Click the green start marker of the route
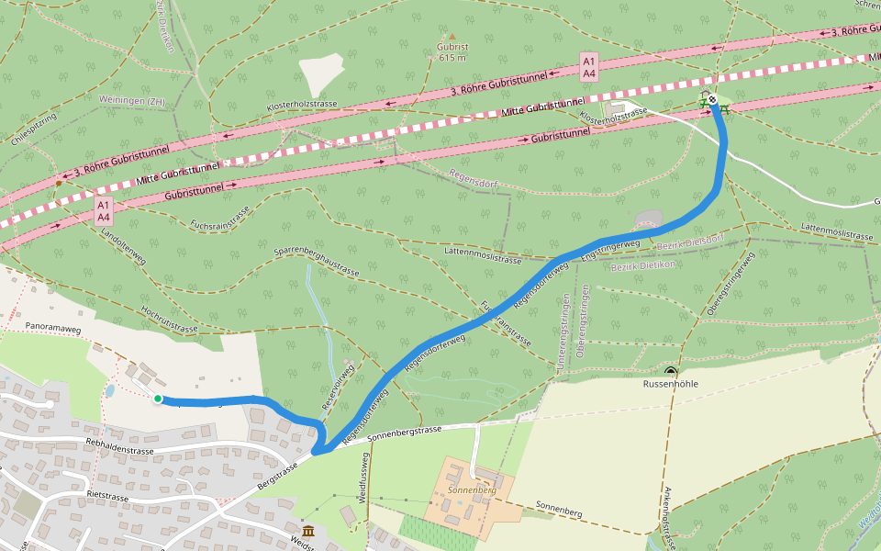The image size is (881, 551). pos(158,399)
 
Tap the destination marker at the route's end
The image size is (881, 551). pos(713,99)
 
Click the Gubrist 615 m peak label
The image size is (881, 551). pos(452,51)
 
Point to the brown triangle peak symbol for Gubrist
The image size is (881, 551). pos(452,36)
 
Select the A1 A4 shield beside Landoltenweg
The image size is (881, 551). pos(104,210)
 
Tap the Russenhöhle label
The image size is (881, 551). pos(671,385)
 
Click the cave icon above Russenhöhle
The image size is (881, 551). pos(671,372)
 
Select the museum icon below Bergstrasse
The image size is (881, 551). pos(307,531)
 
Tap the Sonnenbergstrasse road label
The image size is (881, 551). pos(404,433)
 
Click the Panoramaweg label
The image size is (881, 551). pos(53,326)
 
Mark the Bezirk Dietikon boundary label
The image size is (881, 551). pos(642,264)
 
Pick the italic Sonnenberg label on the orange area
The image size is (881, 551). pos(473,490)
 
